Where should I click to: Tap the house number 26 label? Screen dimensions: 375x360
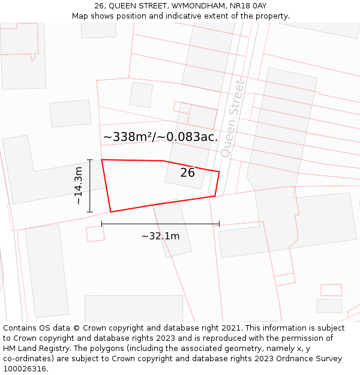pyautogui.click(x=188, y=173)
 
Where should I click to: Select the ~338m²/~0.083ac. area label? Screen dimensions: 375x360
pyautogui.click(x=160, y=137)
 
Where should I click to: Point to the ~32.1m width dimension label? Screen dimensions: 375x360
pyautogui.click(x=160, y=236)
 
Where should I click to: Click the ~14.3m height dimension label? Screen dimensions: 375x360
pyautogui.click(x=78, y=186)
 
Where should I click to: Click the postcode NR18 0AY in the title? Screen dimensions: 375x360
pyautogui.click(x=248, y=5)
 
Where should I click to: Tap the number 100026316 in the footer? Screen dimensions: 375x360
pyautogui.click(x=25, y=369)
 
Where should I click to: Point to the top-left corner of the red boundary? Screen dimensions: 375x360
pyautogui.click(x=102, y=160)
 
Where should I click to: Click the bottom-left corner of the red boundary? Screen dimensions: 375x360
pyautogui.click(x=110, y=212)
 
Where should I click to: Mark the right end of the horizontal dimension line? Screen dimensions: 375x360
pyautogui.click(x=219, y=224)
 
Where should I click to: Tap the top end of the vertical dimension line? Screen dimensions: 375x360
pyautogui.click(x=90, y=160)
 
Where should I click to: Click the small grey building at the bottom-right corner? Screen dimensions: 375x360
pyautogui.click(x=329, y=306)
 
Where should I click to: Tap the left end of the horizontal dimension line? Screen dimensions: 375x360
pyautogui.click(x=102, y=224)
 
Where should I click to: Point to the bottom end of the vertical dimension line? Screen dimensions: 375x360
pyautogui.click(x=90, y=212)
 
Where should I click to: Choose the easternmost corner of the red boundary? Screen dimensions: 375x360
pyautogui.click(x=219, y=172)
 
